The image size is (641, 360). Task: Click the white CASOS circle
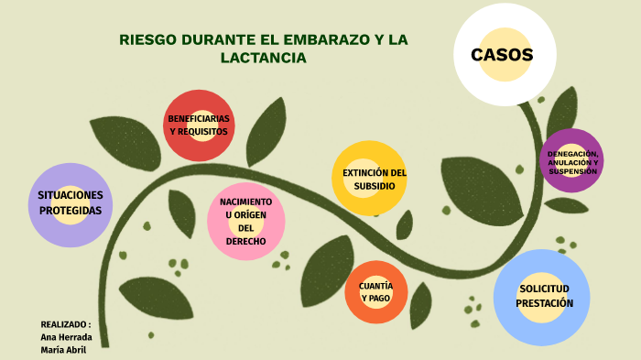coord(501,55)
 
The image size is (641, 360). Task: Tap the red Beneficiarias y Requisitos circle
coord(199,125)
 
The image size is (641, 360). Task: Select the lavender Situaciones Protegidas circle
coord(71,203)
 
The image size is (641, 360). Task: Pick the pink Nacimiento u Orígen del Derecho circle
coord(245,221)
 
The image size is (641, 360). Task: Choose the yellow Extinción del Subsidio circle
coord(370,179)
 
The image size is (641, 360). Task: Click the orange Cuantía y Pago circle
coord(375,292)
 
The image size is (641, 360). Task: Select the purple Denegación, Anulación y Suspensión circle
coord(572,160)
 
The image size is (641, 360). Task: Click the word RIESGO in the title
coord(150,40)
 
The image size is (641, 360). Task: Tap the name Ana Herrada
coord(66,337)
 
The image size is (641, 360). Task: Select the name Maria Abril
coord(63,350)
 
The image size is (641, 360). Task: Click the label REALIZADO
coord(63,324)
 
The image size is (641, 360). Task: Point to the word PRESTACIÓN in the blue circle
coord(545,303)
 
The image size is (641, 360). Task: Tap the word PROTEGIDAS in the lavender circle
coord(71,211)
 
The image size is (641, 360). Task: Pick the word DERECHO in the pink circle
coord(245,241)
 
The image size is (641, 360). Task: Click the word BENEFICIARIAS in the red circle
coord(199,119)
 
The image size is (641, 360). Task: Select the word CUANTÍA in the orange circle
coord(375,286)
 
